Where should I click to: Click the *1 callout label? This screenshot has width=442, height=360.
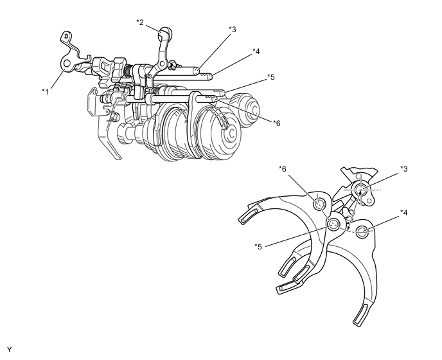pos(46,92)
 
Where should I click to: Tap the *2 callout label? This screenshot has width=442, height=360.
pos(140,22)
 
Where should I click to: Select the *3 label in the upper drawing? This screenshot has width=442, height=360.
pos(233,29)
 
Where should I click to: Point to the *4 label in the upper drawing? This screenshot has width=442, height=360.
pos(256,51)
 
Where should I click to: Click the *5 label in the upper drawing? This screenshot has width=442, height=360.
pos(270,77)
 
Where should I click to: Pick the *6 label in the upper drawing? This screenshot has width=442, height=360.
pos(276,123)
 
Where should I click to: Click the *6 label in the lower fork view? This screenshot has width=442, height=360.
pos(283,168)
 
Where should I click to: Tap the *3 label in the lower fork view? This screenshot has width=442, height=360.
pos(404,168)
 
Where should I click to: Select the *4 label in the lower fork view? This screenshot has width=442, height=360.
pos(404,213)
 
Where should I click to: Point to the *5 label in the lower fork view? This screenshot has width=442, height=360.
pos(258,247)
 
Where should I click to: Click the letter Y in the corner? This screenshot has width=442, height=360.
pos(9,350)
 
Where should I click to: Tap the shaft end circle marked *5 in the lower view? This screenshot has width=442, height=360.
pos(333,224)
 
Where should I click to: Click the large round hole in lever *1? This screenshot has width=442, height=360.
pos(67,62)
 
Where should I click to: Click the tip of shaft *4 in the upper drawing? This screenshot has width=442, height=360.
pos(211,76)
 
